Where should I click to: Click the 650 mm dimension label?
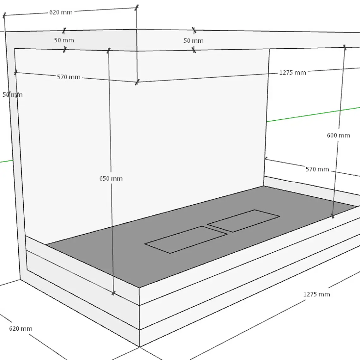tap(111, 178)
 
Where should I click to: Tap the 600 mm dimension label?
tap(339, 135)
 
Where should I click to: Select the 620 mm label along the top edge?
tap(61, 12)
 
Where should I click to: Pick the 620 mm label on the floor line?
tap(21, 328)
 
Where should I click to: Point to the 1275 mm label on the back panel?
tap(292, 73)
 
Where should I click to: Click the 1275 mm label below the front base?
tap(317, 294)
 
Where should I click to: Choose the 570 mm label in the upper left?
tap(69, 77)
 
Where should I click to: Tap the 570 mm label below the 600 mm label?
tap(317, 169)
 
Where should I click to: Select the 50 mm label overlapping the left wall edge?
tap(12, 95)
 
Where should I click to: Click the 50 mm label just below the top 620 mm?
tap(64, 40)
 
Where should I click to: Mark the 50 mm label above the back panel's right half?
tap(193, 41)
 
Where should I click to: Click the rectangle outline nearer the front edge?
tap(186, 240)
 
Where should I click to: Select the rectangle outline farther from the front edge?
tap(243, 221)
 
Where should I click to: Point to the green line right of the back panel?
tap(313, 114)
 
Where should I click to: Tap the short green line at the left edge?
tap(6, 161)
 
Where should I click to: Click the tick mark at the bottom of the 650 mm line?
tap(113, 293)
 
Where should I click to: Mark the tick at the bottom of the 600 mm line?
tap(333, 216)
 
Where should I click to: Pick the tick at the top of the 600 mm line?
tap(345, 47)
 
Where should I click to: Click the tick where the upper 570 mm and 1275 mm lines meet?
tap(137, 82)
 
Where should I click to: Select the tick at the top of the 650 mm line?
tap(109, 50)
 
